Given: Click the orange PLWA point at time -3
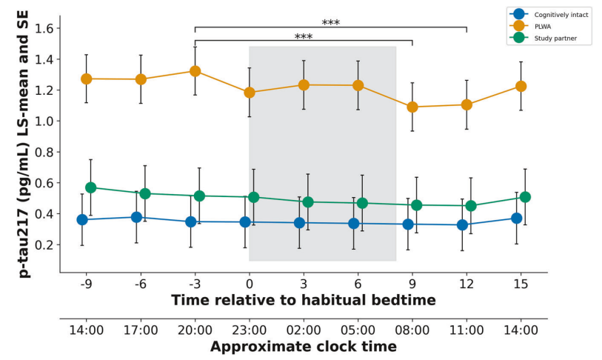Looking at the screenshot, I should point(195,71).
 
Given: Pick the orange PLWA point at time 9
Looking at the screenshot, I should point(412,107).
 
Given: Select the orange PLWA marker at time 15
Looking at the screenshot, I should point(521,86).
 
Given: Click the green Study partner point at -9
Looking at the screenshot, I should point(90,187).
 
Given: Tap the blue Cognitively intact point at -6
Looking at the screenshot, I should point(136,217).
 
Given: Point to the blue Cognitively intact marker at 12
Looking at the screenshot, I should point(462,224).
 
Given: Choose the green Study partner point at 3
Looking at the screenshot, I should point(308,201).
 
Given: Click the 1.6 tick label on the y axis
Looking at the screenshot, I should point(48,28).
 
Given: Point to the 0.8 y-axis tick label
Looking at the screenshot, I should point(48,152).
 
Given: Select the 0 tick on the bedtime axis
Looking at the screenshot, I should point(250,283).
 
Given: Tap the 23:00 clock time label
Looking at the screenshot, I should point(250,330).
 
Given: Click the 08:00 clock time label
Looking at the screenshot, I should point(412,330).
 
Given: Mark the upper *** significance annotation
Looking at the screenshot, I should point(330,23).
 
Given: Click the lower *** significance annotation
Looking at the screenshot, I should point(303,37).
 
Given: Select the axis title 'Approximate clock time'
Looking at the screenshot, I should point(304,347).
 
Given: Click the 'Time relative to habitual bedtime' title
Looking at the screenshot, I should point(304,300).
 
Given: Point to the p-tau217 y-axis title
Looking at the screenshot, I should point(24,141).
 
